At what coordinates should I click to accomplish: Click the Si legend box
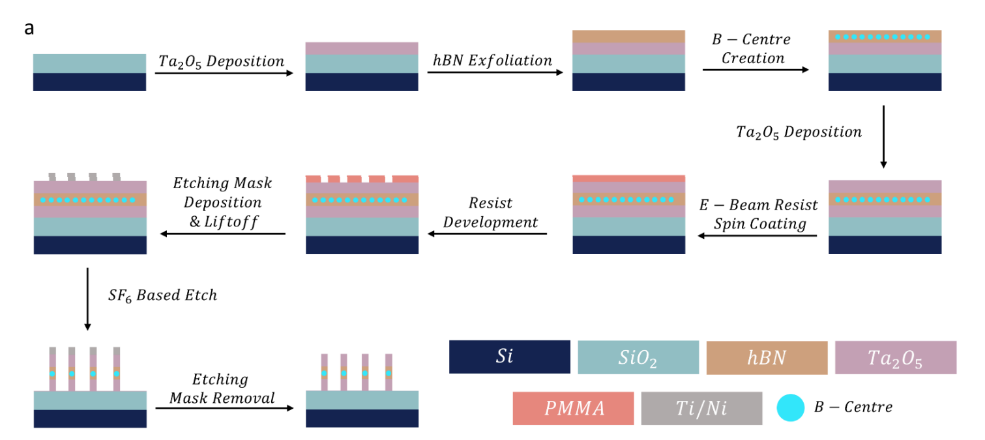click(509, 357)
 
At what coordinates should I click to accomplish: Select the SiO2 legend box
click(638, 357)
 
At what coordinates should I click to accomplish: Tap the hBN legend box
click(767, 357)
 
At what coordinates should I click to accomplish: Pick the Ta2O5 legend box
click(895, 357)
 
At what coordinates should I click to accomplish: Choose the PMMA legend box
click(573, 408)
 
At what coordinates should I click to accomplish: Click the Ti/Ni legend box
click(701, 408)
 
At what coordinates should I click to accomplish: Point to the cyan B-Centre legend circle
click(790, 407)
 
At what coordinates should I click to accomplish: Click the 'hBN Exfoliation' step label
click(493, 61)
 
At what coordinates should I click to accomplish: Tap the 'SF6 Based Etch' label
click(162, 296)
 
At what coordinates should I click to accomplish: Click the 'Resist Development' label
click(490, 213)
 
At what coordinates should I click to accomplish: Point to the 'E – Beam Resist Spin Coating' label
click(758, 215)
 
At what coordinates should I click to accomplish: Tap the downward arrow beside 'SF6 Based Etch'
click(87, 299)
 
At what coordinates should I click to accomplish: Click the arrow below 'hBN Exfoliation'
click(495, 73)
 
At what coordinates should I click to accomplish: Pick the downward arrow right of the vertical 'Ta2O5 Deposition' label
click(884, 137)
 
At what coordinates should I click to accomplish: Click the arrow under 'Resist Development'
click(487, 234)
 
